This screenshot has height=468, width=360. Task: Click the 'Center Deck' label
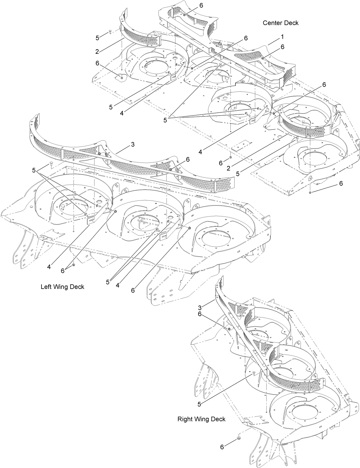280,23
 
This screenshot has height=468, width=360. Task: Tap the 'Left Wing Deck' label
62,287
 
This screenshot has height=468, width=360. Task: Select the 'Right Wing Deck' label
201,419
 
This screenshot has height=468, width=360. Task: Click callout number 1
282,37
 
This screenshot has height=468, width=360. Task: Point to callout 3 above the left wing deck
132,144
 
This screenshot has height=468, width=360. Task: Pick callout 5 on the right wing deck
199,404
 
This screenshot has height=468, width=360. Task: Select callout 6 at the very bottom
222,447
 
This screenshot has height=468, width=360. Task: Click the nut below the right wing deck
238,439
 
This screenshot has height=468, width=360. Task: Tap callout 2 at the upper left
97,51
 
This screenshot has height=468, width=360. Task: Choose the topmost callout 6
201,5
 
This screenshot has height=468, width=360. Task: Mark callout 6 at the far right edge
341,183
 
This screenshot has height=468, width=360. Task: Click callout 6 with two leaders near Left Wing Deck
62,271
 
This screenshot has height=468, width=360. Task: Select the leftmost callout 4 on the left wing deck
49,267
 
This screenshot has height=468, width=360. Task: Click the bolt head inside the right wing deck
253,374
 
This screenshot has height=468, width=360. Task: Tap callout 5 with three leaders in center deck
165,120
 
